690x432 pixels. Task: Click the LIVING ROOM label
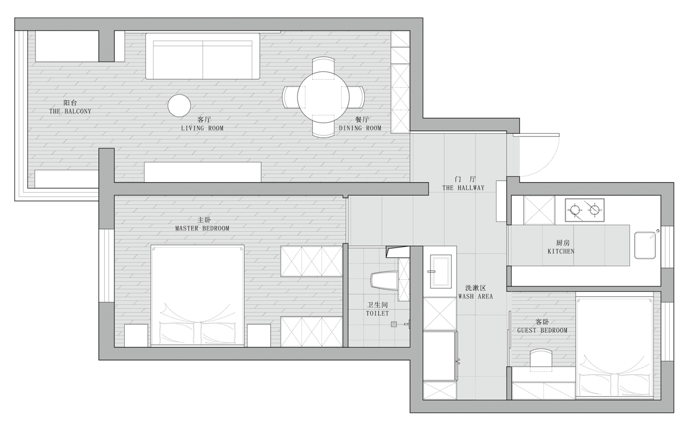(202, 128)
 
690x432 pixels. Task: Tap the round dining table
(323, 98)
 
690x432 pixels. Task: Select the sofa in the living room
(203, 56)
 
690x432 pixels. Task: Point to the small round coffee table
(179, 105)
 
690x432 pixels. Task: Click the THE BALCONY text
(70, 111)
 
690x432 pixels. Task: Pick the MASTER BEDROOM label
(202, 229)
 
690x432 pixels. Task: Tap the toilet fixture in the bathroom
(384, 280)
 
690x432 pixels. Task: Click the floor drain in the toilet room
(394, 324)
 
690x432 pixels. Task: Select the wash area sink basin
(440, 271)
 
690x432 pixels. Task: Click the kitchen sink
(645, 245)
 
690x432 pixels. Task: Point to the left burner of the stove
(575, 210)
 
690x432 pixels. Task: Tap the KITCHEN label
(561, 251)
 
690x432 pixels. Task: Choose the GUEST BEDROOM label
(542, 330)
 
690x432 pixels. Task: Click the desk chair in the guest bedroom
(541, 358)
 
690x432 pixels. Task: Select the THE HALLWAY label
(463, 188)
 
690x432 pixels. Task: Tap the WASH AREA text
(476, 296)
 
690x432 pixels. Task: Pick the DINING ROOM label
(360, 128)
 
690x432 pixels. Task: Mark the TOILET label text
(377, 314)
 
